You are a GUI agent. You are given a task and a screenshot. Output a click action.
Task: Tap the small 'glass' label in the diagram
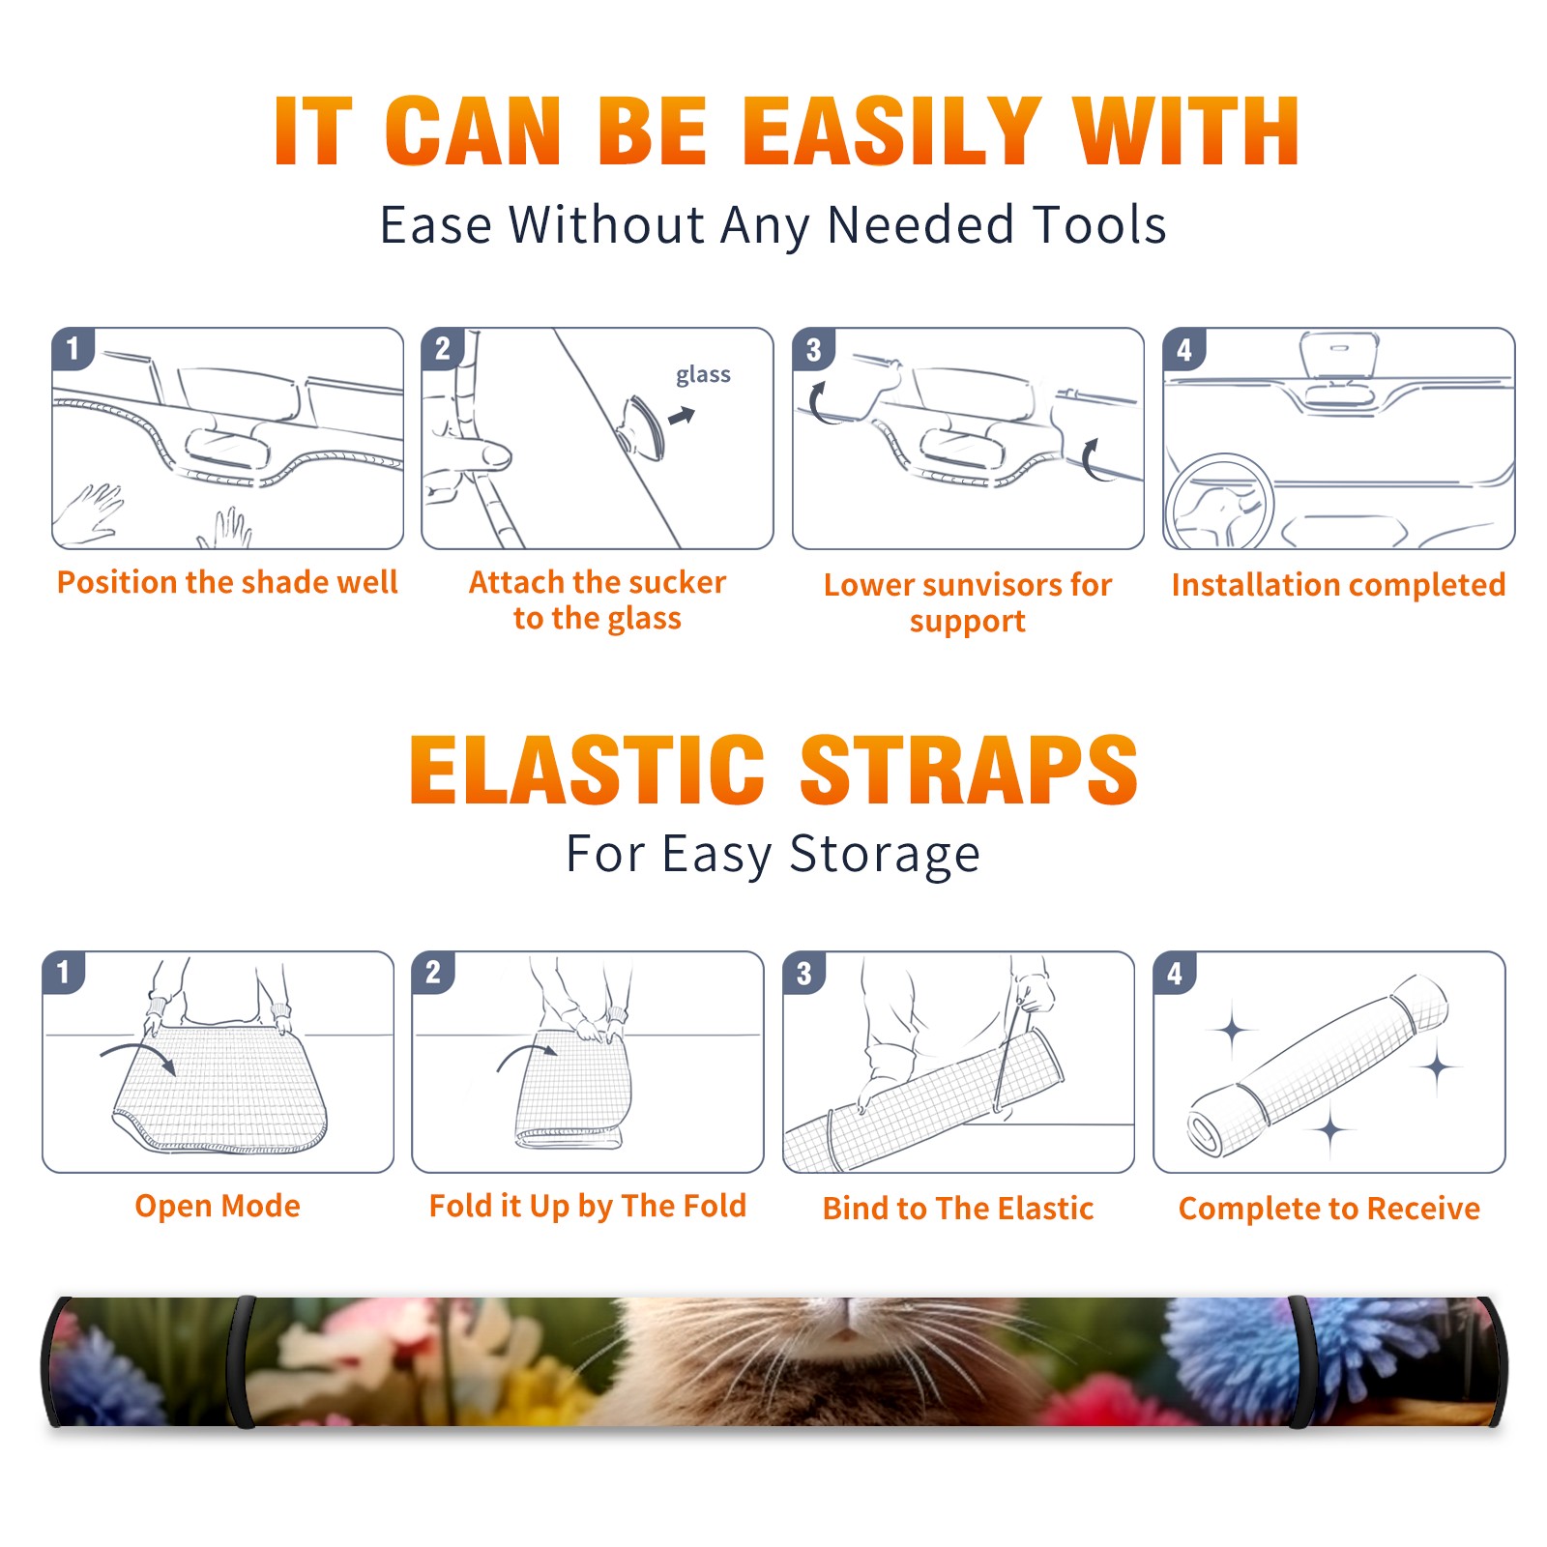pos(703,375)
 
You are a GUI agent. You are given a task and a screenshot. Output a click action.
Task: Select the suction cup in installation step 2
pos(643,426)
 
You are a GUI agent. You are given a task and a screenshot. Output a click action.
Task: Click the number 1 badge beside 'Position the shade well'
pos(73,348)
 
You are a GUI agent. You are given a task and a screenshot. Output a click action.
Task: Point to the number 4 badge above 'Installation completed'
pos(1184,349)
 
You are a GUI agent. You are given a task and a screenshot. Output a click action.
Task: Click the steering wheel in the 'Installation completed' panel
pos(1219,503)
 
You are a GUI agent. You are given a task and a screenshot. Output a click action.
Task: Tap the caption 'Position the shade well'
pos(227,582)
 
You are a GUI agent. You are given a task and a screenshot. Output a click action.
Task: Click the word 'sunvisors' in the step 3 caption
pos(986,585)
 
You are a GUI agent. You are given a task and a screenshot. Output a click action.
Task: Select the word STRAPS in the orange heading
pos(969,770)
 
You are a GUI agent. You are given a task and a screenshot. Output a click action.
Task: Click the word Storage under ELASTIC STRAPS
pos(885,856)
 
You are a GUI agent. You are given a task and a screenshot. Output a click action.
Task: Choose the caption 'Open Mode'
pos(218,1206)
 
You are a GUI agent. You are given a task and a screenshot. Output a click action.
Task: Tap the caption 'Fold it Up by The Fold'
pos(588,1207)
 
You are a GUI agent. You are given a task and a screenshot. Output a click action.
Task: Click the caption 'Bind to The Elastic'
pos(958,1209)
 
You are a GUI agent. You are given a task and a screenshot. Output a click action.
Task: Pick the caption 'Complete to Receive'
pos(1329,1209)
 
